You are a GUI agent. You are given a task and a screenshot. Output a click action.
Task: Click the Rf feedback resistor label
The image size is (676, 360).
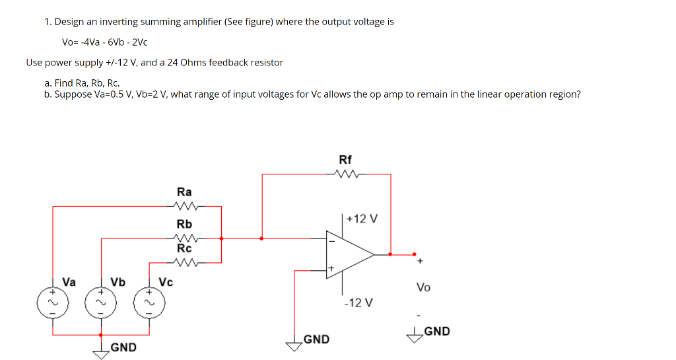click(345, 160)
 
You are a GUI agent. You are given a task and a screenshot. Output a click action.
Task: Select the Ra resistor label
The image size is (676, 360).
click(184, 192)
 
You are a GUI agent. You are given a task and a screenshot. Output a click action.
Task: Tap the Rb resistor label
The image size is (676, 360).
click(184, 224)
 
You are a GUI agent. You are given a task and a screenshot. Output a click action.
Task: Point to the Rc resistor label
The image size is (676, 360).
click(184, 249)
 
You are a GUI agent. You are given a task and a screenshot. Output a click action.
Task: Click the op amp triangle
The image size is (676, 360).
click(349, 254)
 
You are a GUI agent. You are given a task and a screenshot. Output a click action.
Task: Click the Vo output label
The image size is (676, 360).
click(423, 287)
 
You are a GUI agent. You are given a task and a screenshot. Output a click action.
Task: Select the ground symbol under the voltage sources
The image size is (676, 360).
click(102, 352)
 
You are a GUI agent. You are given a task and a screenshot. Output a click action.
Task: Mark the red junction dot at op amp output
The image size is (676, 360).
click(391, 254)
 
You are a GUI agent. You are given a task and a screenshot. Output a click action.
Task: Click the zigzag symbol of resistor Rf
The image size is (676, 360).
click(346, 175)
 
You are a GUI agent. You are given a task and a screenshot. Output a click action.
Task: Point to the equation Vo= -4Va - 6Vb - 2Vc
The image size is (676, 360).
click(104, 42)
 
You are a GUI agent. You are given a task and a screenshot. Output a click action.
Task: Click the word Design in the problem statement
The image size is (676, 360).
click(69, 22)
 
